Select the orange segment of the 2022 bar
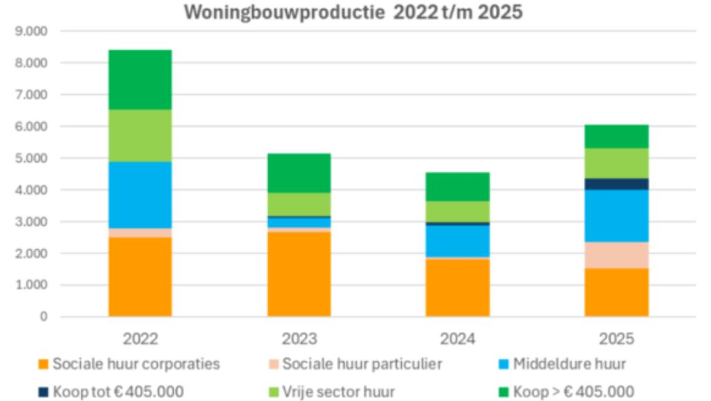pos(140,277)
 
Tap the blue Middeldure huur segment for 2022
pos(140,195)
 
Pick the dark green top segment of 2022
pos(140,80)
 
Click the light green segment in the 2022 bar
pos(140,136)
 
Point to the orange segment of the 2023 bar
pos(299,274)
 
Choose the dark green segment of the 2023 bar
pos(299,172)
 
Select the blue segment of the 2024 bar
pos(457,241)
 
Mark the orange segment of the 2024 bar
pos(457,287)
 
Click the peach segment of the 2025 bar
pos(616,255)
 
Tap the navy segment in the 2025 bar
pos(616,184)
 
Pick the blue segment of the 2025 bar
pos(616,215)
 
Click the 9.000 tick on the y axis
pos(33,31)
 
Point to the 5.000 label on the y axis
pos(33,158)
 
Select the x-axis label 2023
pos(299,339)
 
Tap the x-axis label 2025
pos(616,339)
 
